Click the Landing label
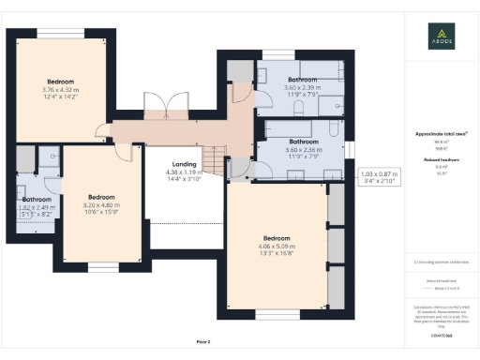tap(184, 165)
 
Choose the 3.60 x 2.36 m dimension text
tap(303, 149)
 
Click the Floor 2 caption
tap(202, 341)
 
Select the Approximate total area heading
tap(441, 134)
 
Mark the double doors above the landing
tap(155, 106)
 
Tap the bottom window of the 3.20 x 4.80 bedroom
tap(97, 268)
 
